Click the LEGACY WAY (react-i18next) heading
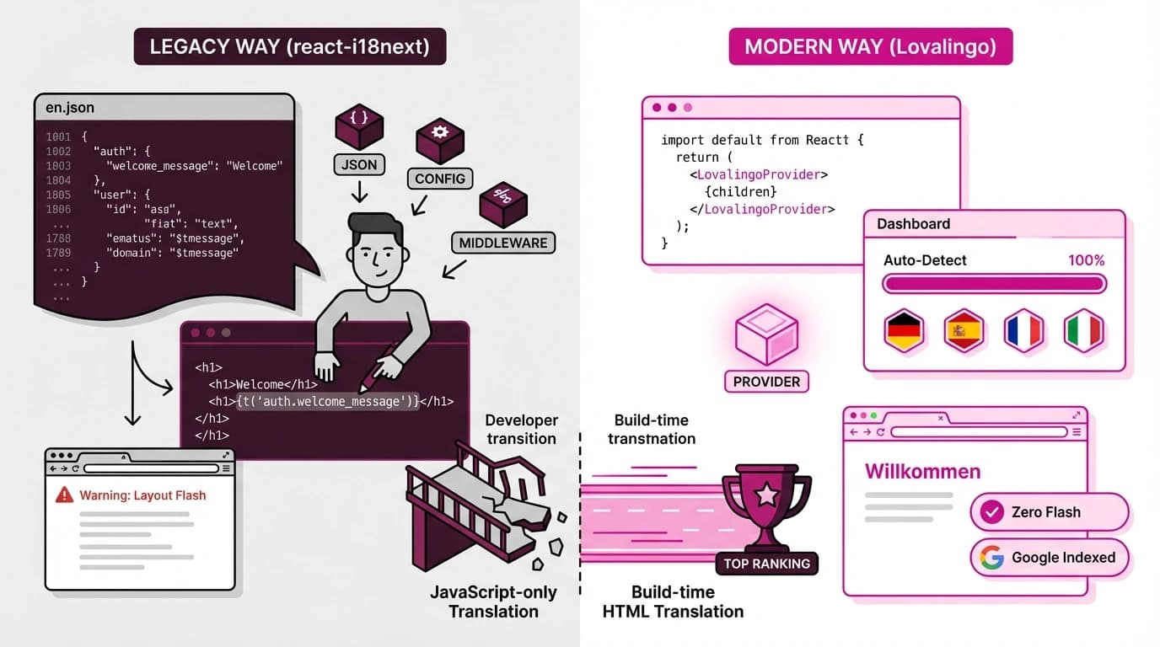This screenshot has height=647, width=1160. [x=289, y=47]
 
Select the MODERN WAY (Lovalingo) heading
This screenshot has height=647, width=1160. [x=870, y=47]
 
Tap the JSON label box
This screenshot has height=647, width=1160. [x=359, y=164]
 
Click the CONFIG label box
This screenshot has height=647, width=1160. [x=440, y=179]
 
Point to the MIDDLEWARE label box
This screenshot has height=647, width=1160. [x=503, y=243]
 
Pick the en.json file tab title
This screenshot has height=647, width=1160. [x=70, y=108]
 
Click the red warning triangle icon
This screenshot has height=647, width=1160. [x=64, y=495]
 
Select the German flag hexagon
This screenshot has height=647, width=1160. [x=904, y=331]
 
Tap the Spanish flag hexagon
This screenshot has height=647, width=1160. [x=964, y=331]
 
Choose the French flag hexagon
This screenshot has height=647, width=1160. [x=1023, y=331]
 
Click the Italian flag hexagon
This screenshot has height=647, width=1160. [x=1083, y=331]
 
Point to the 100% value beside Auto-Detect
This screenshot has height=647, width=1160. [x=1086, y=260]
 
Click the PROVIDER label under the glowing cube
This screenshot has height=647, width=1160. [x=766, y=382]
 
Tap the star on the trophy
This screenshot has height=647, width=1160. [x=766, y=495]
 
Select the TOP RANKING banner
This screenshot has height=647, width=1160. [x=766, y=564]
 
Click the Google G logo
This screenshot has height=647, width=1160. [x=992, y=557]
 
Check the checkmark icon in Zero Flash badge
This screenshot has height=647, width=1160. [x=992, y=511]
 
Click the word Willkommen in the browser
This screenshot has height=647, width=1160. [x=922, y=471]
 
